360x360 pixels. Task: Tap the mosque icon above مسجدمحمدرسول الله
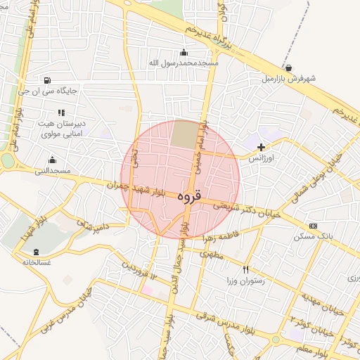(184, 52)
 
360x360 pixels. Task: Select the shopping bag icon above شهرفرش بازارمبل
(288, 68)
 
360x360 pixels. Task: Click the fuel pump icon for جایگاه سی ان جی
(47, 80)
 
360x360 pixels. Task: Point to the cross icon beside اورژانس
(262, 148)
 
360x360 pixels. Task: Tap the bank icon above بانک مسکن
(312, 226)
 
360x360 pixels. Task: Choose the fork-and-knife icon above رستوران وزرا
(245, 269)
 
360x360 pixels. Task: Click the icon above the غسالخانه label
(36, 252)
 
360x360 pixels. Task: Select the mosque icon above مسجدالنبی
(52, 160)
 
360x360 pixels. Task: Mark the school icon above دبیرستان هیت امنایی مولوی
(62, 112)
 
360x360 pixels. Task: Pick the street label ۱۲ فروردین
(138, 274)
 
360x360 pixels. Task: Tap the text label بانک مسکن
(316, 236)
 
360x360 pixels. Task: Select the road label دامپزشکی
(94, 226)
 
